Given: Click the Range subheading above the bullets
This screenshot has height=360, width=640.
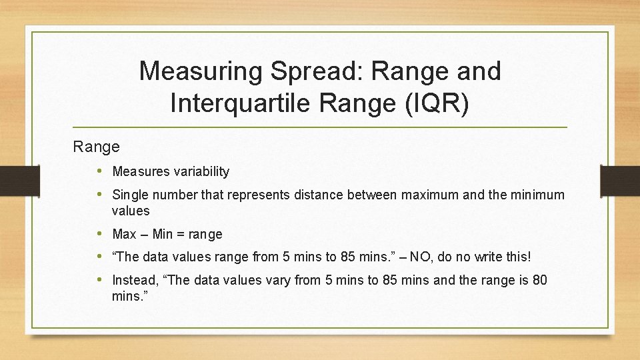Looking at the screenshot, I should tap(97, 146).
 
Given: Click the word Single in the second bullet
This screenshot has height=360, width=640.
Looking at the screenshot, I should tap(129, 195).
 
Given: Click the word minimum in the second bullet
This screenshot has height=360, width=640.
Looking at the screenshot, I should tap(537, 195).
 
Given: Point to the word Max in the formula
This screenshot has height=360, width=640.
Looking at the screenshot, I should tap(124, 234).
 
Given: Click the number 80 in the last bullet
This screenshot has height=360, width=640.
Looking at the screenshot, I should tap(539, 280).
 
